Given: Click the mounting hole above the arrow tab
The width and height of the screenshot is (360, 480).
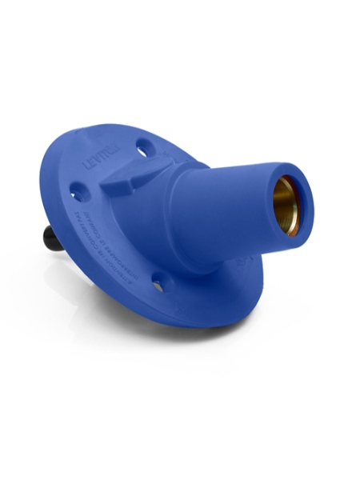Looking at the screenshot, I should click(143, 148).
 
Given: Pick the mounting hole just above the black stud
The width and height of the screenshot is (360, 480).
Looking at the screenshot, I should click(78, 192).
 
